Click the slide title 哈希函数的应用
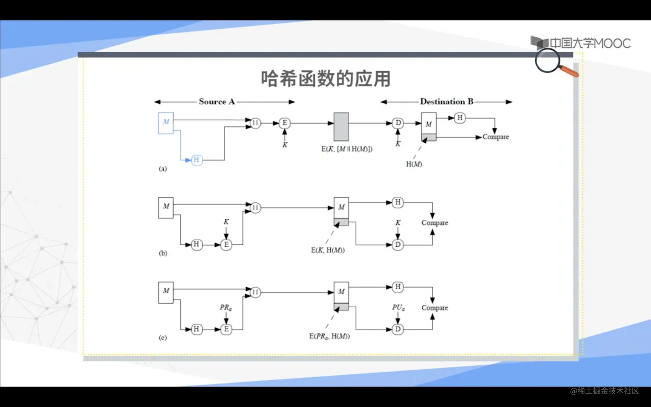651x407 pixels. click(x=325, y=79)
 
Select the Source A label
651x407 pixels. click(x=217, y=102)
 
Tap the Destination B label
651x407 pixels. click(x=446, y=102)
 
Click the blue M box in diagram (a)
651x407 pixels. click(x=166, y=123)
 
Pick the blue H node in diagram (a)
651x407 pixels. click(x=196, y=160)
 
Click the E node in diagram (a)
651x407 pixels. click(x=285, y=123)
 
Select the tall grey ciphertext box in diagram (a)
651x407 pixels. click(x=341, y=127)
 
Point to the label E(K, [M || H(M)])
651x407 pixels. click(x=347, y=149)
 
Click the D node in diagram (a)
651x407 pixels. click(x=398, y=123)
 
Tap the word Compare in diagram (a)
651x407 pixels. click(x=496, y=137)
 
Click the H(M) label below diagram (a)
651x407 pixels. click(x=414, y=164)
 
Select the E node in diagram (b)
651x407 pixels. click(x=226, y=245)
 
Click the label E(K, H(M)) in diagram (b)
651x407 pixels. click(x=328, y=250)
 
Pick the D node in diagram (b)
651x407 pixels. click(x=398, y=245)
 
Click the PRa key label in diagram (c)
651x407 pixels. click(x=226, y=308)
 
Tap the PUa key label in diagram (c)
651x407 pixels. click(x=398, y=308)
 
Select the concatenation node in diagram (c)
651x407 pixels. click(x=255, y=292)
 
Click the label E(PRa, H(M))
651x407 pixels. click(x=329, y=336)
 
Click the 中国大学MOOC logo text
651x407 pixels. click(x=589, y=43)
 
